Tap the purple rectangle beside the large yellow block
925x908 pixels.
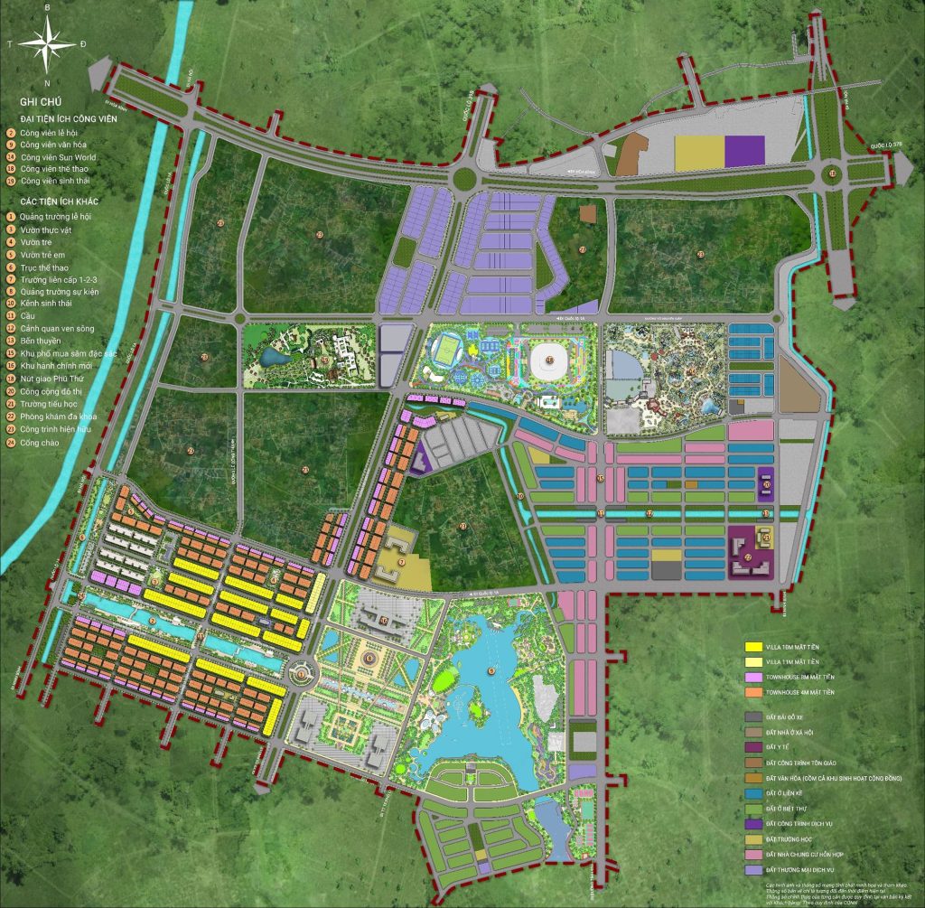(x=744, y=152)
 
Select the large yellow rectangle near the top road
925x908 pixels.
(x=699, y=154)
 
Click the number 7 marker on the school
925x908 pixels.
(x=401, y=561)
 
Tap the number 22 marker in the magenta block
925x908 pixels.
(x=749, y=557)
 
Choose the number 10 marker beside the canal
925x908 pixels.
(x=520, y=496)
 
